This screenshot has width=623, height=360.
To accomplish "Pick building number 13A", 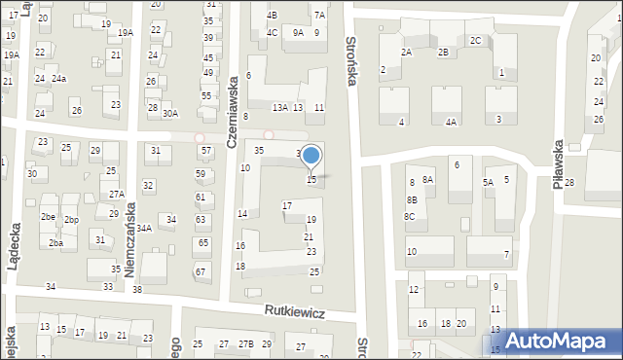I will (279, 108).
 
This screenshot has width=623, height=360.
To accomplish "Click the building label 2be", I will (48, 216).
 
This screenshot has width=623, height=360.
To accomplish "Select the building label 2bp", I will (71, 220).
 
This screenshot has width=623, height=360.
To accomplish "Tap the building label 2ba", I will (56, 243).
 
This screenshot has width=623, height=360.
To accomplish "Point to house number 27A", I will (116, 195).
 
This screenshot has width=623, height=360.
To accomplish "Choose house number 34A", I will (144, 228).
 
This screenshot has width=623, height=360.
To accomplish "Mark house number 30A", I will (170, 114).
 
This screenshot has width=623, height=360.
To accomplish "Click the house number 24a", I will (59, 79).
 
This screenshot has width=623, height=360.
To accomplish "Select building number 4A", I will (451, 123).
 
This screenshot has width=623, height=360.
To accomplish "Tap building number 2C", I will (475, 40).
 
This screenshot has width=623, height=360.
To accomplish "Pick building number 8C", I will (410, 216).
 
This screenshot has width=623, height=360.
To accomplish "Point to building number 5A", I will (488, 182).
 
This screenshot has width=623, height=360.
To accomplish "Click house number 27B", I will (246, 344).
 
